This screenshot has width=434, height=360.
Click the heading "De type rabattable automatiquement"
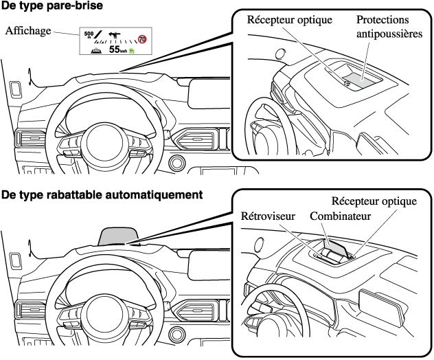click(x=102, y=194)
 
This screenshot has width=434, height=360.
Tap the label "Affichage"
click(x=29, y=30)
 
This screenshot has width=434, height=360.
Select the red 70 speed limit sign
click(x=143, y=40)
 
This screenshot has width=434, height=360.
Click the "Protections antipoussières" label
click(x=389, y=27)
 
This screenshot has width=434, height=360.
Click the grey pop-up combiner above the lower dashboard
click(x=121, y=235)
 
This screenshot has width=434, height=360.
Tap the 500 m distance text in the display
click(x=89, y=34)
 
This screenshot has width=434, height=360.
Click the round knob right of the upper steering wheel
click(x=177, y=163)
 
